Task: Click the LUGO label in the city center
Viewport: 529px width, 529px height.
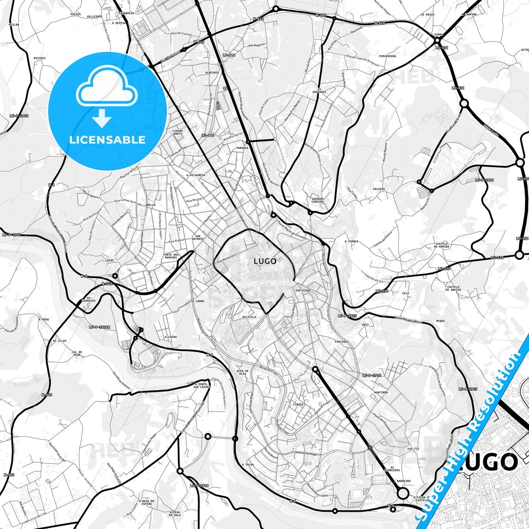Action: [265, 261]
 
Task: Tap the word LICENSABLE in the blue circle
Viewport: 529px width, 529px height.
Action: [107, 139]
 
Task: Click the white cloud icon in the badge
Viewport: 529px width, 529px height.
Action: [107, 89]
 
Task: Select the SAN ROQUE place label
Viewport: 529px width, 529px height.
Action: [303, 290]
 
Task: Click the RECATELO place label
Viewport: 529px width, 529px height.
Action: [249, 317]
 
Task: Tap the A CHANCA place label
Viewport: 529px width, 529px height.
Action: [351, 242]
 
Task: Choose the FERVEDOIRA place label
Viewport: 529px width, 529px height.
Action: [387, 56]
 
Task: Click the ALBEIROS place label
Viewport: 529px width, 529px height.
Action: [212, 72]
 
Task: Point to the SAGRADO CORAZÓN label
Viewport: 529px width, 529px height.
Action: [317, 200]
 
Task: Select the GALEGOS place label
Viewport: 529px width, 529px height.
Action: [379, 189]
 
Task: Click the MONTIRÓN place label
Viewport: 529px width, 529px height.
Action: [381, 392]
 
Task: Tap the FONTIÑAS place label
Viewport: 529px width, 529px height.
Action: [342, 342]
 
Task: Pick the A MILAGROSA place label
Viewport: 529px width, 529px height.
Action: [196, 175]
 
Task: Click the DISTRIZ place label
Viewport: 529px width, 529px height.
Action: [40, 58]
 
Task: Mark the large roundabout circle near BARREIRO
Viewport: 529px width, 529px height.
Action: [403, 493]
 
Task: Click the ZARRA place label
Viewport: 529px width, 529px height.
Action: [438, 35]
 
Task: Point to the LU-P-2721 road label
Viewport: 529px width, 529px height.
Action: [484, 180]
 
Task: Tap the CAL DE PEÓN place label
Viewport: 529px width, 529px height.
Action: [77, 354]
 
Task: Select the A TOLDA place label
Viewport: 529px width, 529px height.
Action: [248, 465]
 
